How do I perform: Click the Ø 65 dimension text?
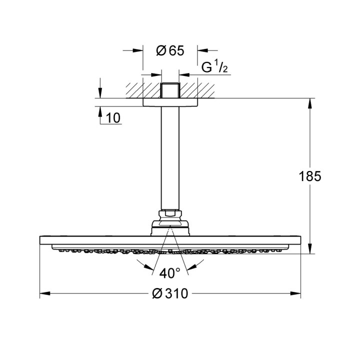click(x=170, y=50)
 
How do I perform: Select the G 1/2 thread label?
click(x=215, y=67)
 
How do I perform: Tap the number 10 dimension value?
click(x=113, y=118)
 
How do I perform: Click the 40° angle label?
click(x=170, y=273)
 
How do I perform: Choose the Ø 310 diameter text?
click(x=170, y=293)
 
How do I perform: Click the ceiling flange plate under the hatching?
click(x=170, y=102)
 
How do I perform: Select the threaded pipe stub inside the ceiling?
click(x=170, y=90)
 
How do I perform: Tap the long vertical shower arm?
click(x=170, y=160)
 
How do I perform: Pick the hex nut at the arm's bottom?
click(x=170, y=215)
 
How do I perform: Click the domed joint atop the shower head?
click(x=170, y=227)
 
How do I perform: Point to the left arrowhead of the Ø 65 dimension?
click(x=139, y=50)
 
